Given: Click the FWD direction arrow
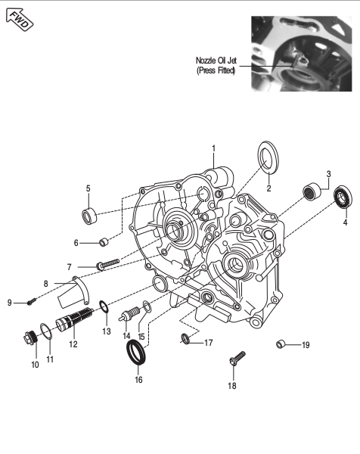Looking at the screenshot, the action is [x=20, y=20].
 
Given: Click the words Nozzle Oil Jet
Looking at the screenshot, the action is [x=216, y=61].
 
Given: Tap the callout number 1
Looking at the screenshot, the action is [x=213, y=148].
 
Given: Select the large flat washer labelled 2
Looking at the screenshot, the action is [x=268, y=157].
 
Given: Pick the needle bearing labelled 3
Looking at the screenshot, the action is [x=312, y=191].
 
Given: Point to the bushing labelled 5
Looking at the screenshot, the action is [x=89, y=216].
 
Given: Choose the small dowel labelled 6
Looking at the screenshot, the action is [x=104, y=242].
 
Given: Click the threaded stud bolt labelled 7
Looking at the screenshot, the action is [x=107, y=264].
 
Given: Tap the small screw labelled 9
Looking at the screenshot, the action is [x=32, y=301].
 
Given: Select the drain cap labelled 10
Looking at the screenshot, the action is [x=30, y=337].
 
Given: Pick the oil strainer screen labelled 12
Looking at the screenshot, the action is [x=74, y=319].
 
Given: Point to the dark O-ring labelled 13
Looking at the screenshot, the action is [x=104, y=306].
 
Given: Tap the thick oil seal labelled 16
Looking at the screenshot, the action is [x=136, y=352].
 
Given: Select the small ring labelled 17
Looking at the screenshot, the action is [x=186, y=338].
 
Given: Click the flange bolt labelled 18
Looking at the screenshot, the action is [x=237, y=359].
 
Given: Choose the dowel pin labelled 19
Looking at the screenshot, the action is [x=281, y=344].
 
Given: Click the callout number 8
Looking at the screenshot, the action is [x=45, y=284].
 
